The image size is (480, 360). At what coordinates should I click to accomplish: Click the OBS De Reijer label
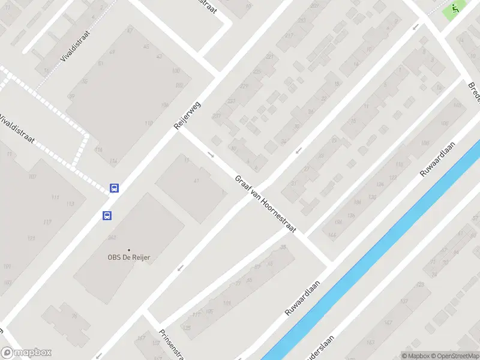coord(128,258)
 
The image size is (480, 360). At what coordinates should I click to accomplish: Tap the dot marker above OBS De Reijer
coord(128,250)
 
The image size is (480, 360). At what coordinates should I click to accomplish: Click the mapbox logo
coord(26,353)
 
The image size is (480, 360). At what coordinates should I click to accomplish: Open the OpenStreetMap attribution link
coord(453,356)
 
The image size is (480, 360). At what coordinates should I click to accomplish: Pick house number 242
coord(111,238)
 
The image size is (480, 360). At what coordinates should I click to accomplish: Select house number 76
coord(74,316)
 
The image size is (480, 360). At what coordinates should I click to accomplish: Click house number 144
coord(332,235)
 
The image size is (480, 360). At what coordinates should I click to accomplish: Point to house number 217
coord(289,36)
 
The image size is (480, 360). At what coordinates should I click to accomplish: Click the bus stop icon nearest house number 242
coord(107,216)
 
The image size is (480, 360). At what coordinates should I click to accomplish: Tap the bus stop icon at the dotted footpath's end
coord(114,188)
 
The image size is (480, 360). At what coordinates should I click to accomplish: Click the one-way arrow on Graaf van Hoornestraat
coord(211,154)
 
